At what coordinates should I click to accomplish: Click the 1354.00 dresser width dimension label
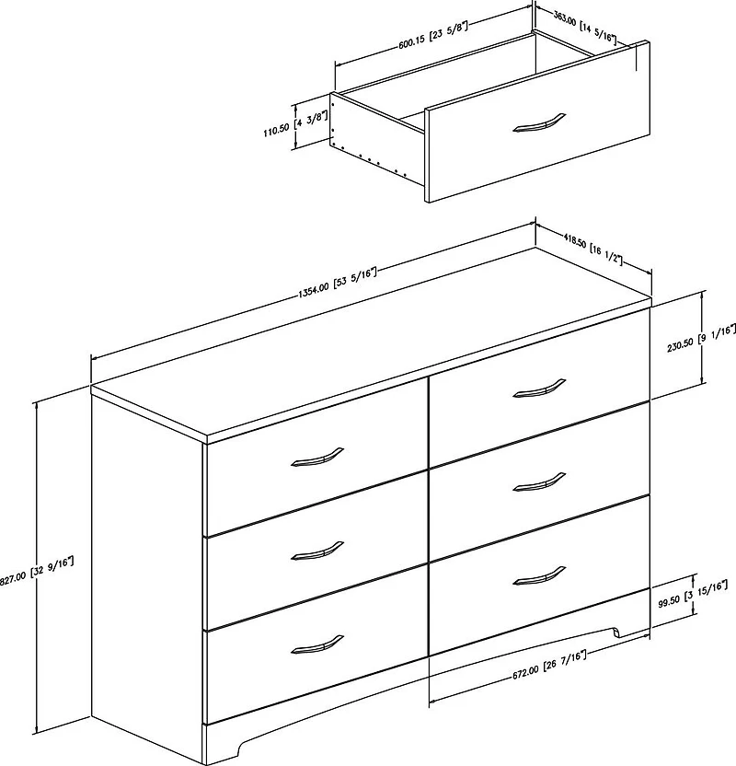coord(337,280)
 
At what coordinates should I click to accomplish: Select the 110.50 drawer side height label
coord(293,126)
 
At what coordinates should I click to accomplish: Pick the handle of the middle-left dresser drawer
coord(316,551)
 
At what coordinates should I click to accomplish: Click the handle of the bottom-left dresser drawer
coord(316,644)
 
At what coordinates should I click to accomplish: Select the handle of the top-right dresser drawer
coord(538,388)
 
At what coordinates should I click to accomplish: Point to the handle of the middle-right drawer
coord(538,481)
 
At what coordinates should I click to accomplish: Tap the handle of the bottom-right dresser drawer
coord(538,574)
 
